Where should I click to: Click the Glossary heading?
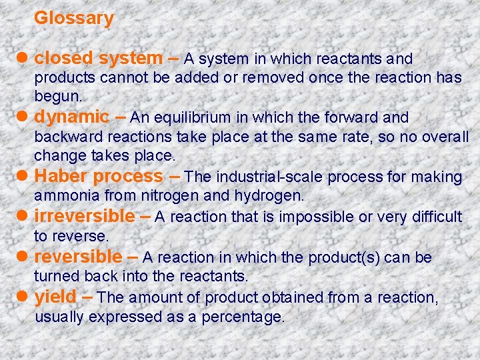tap(74, 19)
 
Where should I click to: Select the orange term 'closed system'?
tap(98, 59)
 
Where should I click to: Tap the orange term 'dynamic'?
tap(71, 117)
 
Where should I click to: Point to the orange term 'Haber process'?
tap(98, 177)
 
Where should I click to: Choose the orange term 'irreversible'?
tap(84, 217)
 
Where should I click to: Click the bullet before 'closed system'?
tap(24, 59)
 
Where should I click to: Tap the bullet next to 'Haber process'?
tap(24, 177)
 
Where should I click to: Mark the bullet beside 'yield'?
tap(24, 297)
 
